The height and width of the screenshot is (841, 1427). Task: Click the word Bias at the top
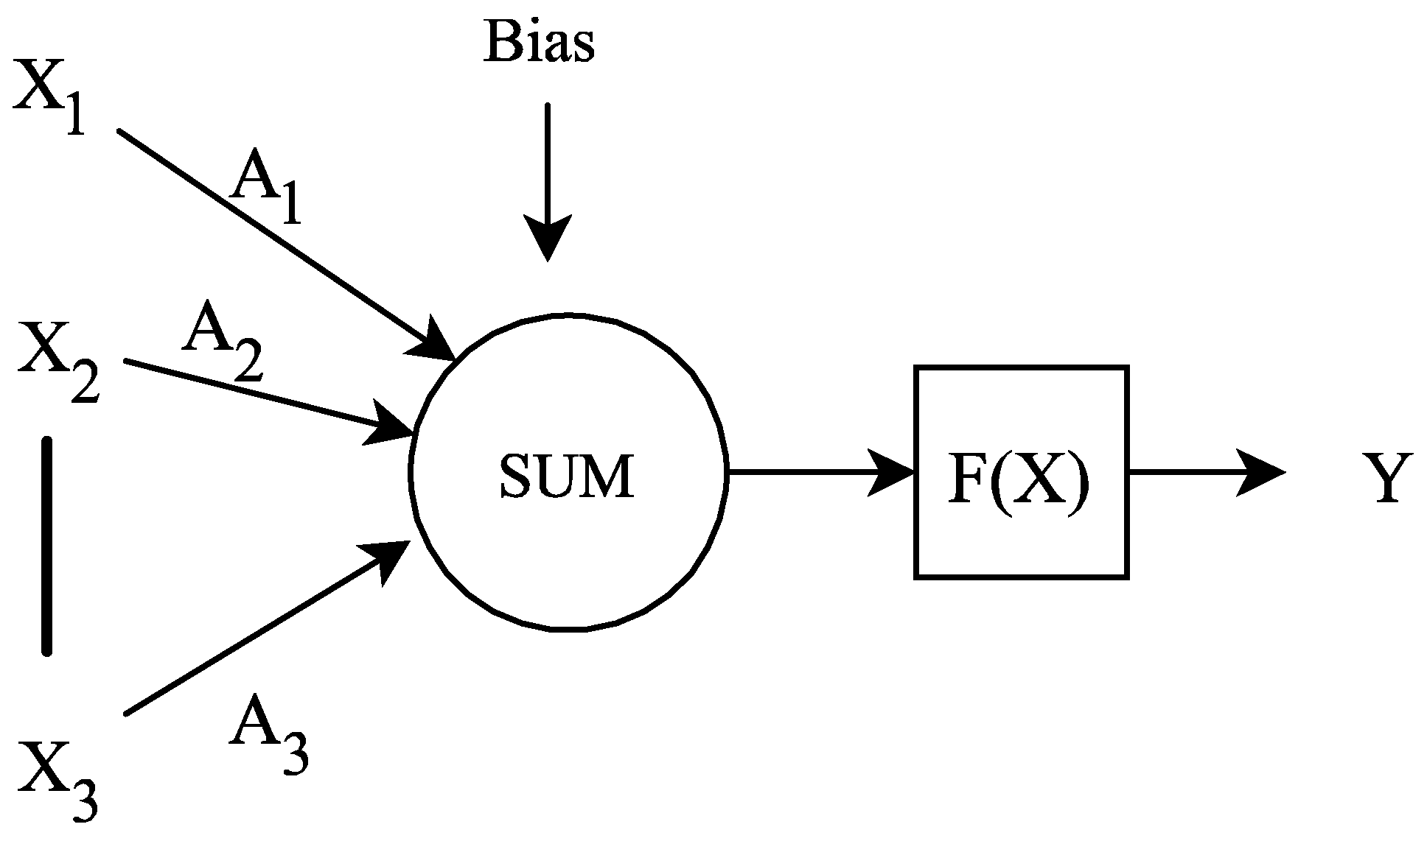[539, 43]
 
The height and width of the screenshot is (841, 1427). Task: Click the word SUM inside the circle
[566, 476]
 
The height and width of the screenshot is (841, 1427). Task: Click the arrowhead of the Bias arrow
[547, 237]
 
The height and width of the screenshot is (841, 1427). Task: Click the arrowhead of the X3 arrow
[386, 559]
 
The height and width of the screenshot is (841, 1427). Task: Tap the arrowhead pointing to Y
[1260, 472]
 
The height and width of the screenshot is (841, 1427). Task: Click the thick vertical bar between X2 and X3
[47, 545]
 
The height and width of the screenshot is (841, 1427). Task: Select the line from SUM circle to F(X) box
[803, 472]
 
